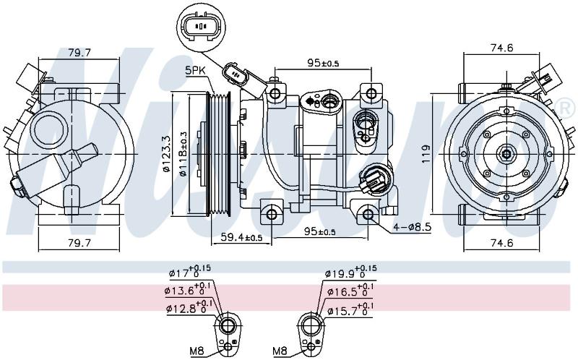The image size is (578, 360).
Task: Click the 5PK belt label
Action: (197, 70)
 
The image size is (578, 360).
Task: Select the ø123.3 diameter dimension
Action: (166, 153)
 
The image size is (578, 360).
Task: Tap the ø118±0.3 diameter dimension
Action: (184, 153)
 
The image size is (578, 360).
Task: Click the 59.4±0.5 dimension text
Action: (241, 237)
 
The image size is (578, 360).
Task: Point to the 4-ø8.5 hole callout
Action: (412, 227)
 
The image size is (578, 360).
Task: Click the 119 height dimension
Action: (426, 153)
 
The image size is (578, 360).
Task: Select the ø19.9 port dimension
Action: (350, 273)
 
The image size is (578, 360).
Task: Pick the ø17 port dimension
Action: (190, 273)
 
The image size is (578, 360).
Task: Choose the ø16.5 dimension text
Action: (350, 291)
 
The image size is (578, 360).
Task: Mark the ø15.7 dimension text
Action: (350, 310)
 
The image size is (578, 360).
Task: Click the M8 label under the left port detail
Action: (197, 351)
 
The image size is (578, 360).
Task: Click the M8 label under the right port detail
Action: (280, 351)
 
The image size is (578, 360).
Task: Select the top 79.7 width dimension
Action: (79, 52)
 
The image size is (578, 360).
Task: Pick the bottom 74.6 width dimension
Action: (501, 242)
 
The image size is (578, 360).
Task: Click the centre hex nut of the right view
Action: (506, 153)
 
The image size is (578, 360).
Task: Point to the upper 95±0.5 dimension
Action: (323, 63)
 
